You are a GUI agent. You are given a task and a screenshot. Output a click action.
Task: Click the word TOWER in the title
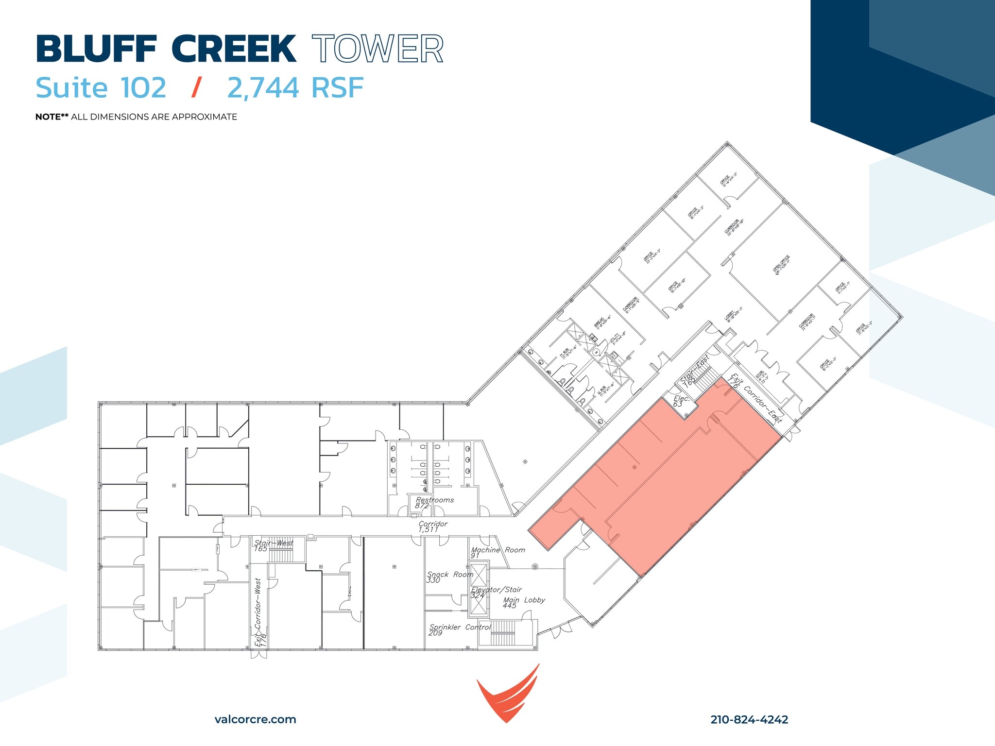(x=377, y=49)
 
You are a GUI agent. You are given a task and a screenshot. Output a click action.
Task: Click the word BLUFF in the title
(x=96, y=49)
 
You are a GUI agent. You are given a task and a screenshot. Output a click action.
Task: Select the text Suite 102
(x=101, y=88)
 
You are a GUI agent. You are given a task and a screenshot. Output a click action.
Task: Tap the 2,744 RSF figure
(x=295, y=88)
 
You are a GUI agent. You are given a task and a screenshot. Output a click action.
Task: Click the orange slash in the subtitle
(x=196, y=88)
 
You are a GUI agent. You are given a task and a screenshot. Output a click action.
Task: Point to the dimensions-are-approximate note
(x=136, y=117)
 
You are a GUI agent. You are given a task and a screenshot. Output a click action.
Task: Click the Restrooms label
(x=434, y=502)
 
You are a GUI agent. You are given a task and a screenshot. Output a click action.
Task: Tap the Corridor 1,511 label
(x=432, y=526)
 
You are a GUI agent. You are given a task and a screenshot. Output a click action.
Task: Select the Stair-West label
(x=273, y=545)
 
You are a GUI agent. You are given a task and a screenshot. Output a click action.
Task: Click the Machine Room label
(x=497, y=552)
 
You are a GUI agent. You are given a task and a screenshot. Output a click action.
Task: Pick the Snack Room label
(x=449, y=576)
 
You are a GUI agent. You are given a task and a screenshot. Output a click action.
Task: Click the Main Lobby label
(x=523, y=602)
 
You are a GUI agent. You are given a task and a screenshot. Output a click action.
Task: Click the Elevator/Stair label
(x=496, y=592)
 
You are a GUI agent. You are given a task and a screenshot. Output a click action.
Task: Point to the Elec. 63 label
(x=680, y=401)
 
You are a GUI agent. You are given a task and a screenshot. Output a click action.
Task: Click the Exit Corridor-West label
(x=259, y=612)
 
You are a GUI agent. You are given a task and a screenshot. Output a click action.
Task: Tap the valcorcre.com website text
(x=255, y=719)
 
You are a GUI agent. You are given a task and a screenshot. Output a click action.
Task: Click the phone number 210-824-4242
(x=749, y=719)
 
